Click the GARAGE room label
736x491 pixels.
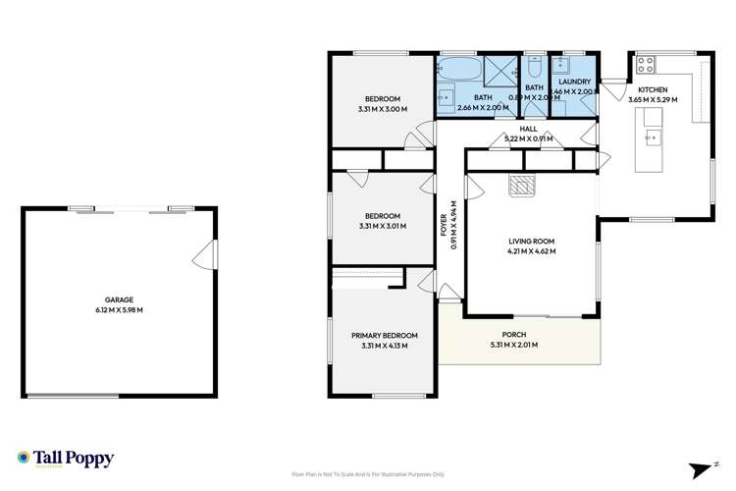(119, 300)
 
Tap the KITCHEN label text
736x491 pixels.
(653, 90)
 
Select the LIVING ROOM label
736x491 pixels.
(532, 241)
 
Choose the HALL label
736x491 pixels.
(528, 129)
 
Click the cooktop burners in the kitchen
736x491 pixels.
(646, 64)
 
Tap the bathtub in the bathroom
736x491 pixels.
(457, 71)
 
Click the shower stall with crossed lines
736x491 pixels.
(502, 71)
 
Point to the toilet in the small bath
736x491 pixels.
(535, 67)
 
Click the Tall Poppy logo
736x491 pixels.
(66, 458)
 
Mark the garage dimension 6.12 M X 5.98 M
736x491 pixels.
(119, 310)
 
